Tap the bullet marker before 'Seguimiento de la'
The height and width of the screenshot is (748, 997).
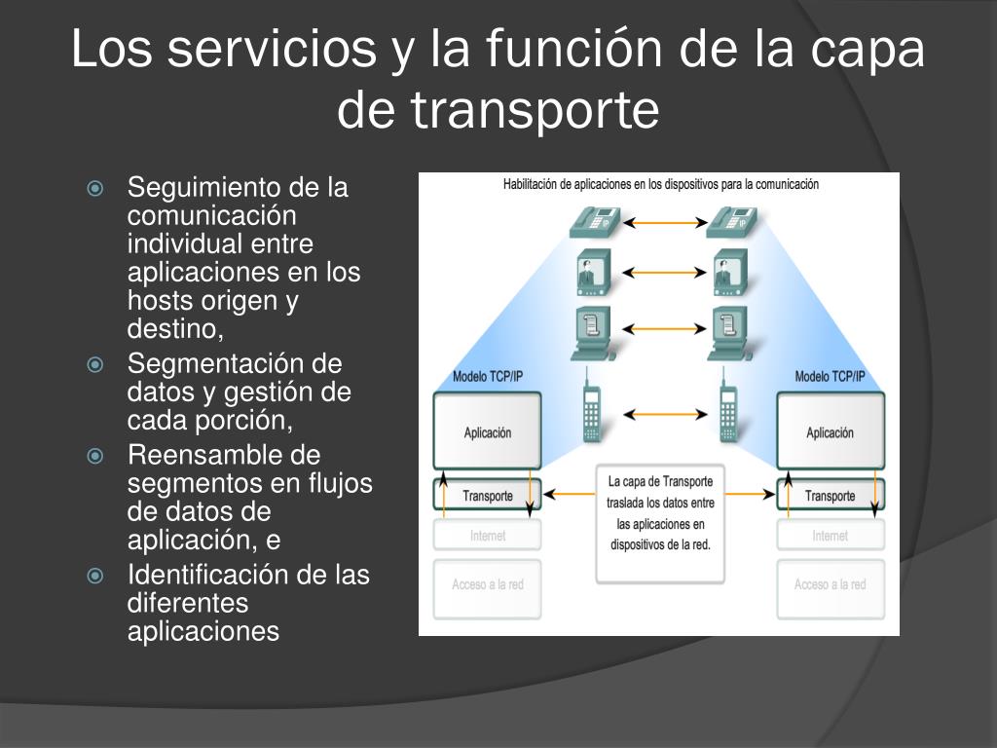pos(95,188)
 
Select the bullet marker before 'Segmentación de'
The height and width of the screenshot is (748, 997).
pos(95,365)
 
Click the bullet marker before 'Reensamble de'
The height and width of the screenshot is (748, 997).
pos(95,456)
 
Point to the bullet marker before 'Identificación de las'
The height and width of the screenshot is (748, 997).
pos(95,576)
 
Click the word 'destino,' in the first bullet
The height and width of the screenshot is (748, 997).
pos(175,329)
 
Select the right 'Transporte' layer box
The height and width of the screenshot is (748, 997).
pos(830,496)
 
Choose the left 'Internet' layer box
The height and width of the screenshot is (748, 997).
pos(487,536)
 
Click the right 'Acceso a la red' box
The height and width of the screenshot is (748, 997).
pos(830,585)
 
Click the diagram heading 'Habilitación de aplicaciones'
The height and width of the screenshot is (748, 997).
pos(660,184)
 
